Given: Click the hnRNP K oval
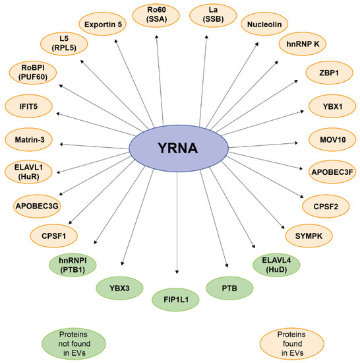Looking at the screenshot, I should tap(301, 45).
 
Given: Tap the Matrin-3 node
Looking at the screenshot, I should tap(28, 140).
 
